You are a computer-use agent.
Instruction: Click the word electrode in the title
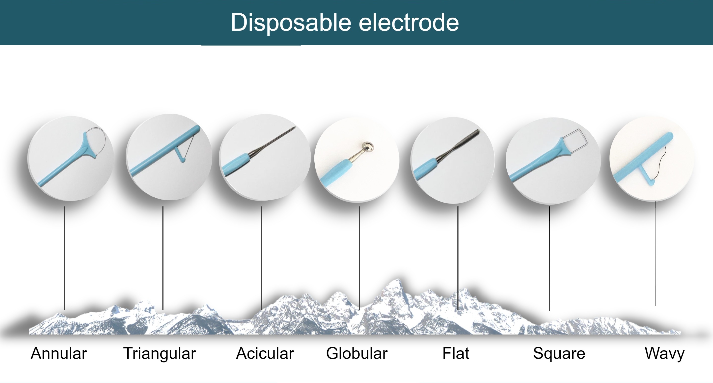click(x=409, y=22)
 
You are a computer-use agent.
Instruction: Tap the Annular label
click(x=59, y=353)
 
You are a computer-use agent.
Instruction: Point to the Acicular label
click(x=265, y=353)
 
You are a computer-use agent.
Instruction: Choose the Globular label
click(x=357, y=353)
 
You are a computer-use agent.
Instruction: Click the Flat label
click(x=456, y=353)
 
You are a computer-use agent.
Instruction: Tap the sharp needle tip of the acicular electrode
click(x=295, y=127)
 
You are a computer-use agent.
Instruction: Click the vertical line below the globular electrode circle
click(x=359, y=258)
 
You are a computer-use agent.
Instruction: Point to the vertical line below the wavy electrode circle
click(x=656, y=253)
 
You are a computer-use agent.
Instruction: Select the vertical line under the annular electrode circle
click(x=64, y=258)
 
